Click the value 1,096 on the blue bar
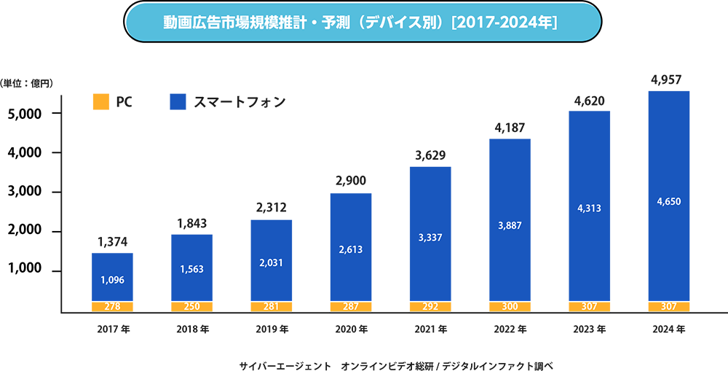pos(113,279)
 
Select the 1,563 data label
pos(191,269)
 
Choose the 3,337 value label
pos(430,238)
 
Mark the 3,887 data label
pos(510,226)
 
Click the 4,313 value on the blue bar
pos(590,208)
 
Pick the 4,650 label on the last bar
pos(669,201)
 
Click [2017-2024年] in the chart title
pos(504,22)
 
